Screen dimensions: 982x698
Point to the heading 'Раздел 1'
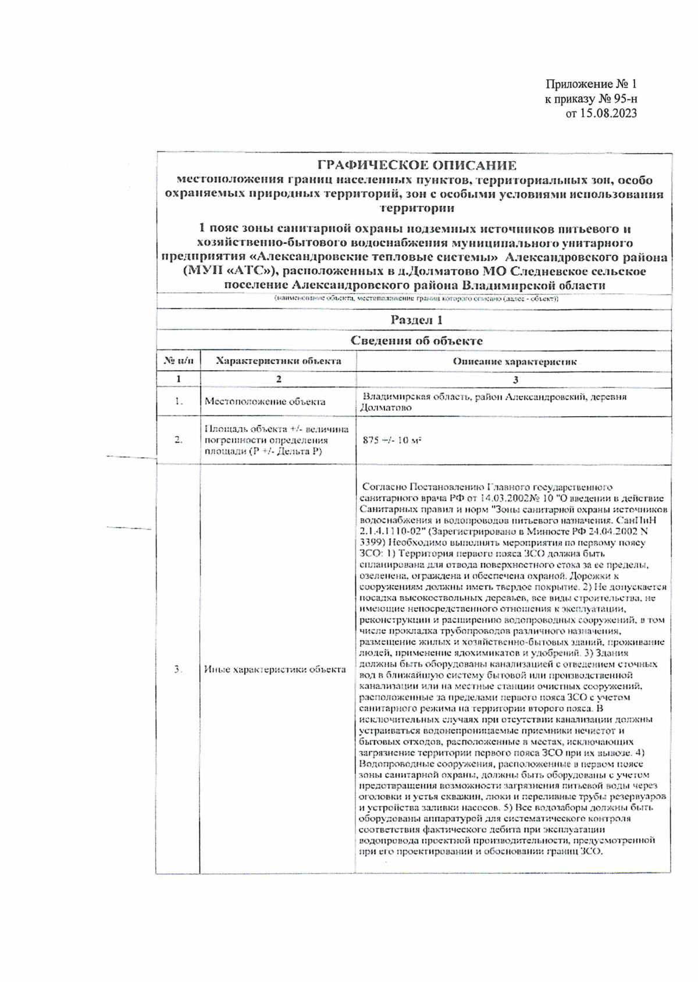click(x=416, y=320)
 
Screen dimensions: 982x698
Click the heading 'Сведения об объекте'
click(x=416, y=341)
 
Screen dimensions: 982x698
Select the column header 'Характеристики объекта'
click(x=278, y=361)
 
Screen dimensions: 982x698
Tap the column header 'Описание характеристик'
click(x=514, y=361)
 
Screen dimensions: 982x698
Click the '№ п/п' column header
click(x=178, y=361)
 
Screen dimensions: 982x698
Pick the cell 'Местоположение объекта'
click(x=264, y=402)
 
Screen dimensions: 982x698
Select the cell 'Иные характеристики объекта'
click(x=275, y=669)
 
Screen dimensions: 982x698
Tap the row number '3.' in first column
click(x=178, y=669)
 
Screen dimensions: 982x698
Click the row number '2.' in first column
click(x=178, y=440)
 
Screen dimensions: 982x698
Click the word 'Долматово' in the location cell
click(x=386, y=407)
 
